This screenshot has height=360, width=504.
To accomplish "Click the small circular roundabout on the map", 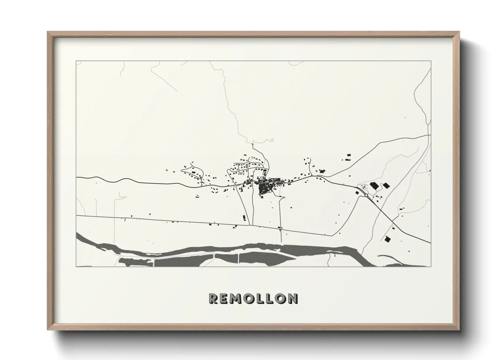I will (x=366, y=195).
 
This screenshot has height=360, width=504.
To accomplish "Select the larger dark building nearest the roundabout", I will (x=374, y=186).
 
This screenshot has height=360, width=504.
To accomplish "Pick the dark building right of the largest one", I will (x=386, y=185).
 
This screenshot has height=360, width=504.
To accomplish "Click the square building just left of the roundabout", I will (x=357, y=192).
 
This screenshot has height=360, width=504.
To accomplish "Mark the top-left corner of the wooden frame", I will (x=48, y=32).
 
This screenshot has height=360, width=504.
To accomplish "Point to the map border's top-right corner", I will (x=431, y=61).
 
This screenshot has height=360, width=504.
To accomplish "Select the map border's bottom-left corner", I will (x=76, y=267).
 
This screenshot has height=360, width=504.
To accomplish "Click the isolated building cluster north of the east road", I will (x=348, y=158).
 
